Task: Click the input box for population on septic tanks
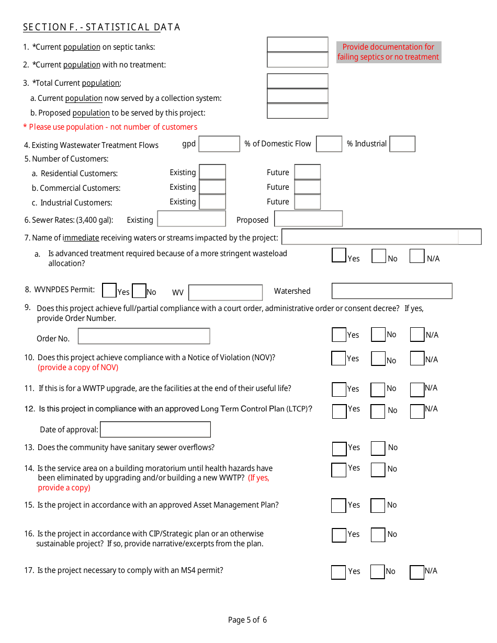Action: tap(297, 44)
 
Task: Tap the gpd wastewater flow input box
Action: tap(219, 144)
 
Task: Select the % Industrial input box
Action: tap(402, 144)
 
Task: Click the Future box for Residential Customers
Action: tap(307, 172)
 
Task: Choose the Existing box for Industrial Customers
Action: tap(212, 202)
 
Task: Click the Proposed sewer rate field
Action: tap(308, 219)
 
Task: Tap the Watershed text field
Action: tap(391, 291)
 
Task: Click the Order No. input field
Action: tap(144, 336)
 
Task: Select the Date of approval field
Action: tap(155, 429)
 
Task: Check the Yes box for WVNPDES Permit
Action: tap(109, 290)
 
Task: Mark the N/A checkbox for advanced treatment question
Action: tap(416, 256)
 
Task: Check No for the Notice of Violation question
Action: tap(378, 359)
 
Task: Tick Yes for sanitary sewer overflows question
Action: tap(339, 449)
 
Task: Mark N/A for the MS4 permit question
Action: tap(416, 572)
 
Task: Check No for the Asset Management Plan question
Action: tap(378, 506)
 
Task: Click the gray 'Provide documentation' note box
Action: tap(388, 52)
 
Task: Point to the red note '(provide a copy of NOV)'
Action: tap(78, 368)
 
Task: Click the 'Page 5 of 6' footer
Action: tap(247, 620)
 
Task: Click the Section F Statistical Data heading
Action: tap(101, 27)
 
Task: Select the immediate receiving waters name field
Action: tap(381, 237)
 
